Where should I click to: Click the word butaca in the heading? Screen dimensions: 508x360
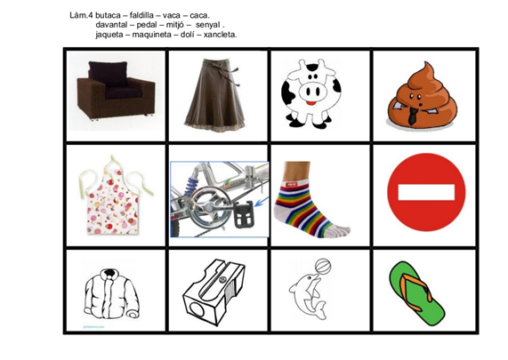click(x=109, y=15)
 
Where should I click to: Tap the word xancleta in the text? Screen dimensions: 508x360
click(x=220, y=35)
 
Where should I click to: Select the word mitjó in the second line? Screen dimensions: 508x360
click(x=174, y=25)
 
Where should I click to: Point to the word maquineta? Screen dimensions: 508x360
click(x=151, y=35)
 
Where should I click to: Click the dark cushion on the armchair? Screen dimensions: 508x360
click(x=109, y=74)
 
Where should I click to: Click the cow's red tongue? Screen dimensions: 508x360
click(x=311, y=103)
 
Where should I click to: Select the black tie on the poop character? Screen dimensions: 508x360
click(x=413, y=116)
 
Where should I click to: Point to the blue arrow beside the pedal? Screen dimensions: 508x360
click(x=262, y=202)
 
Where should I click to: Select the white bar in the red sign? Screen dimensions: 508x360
click(x=426, y=192)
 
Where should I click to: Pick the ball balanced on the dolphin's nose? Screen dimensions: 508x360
click(x=323, y=267)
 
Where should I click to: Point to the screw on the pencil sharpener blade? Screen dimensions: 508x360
click(x=222, y=279)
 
